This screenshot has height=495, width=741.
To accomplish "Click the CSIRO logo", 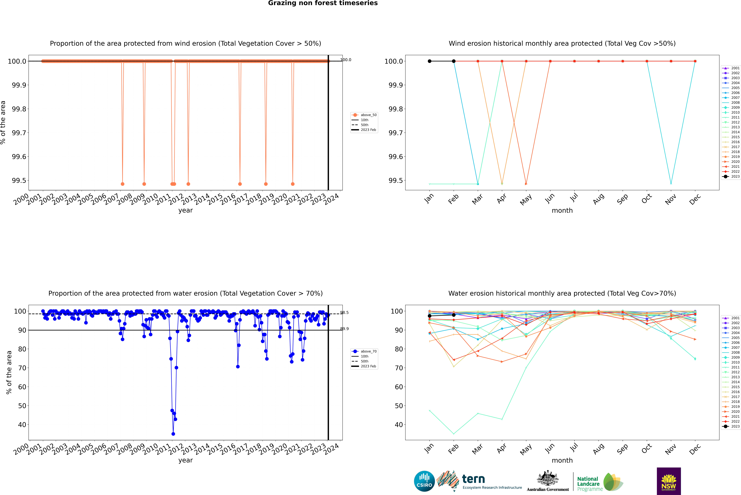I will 424,481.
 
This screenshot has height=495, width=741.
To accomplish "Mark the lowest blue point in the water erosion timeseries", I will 173,434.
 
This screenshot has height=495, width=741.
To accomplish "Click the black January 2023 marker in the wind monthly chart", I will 430,61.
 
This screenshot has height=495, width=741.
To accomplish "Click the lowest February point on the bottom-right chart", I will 454,434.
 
